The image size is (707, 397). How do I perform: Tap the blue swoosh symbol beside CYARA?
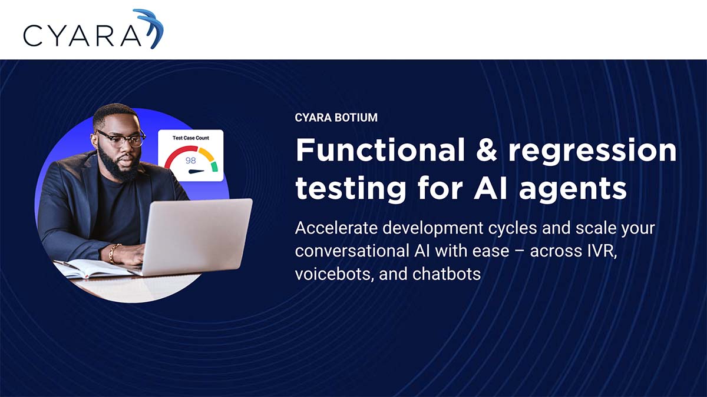click(x=150, y=28)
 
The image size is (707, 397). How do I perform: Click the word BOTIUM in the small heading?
click(x=356, y=118)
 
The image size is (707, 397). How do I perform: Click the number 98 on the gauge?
click(x=190, y=161)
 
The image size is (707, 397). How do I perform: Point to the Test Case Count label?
click(x=190, y=138)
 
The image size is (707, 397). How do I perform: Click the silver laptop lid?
click(x=197, y=235)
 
